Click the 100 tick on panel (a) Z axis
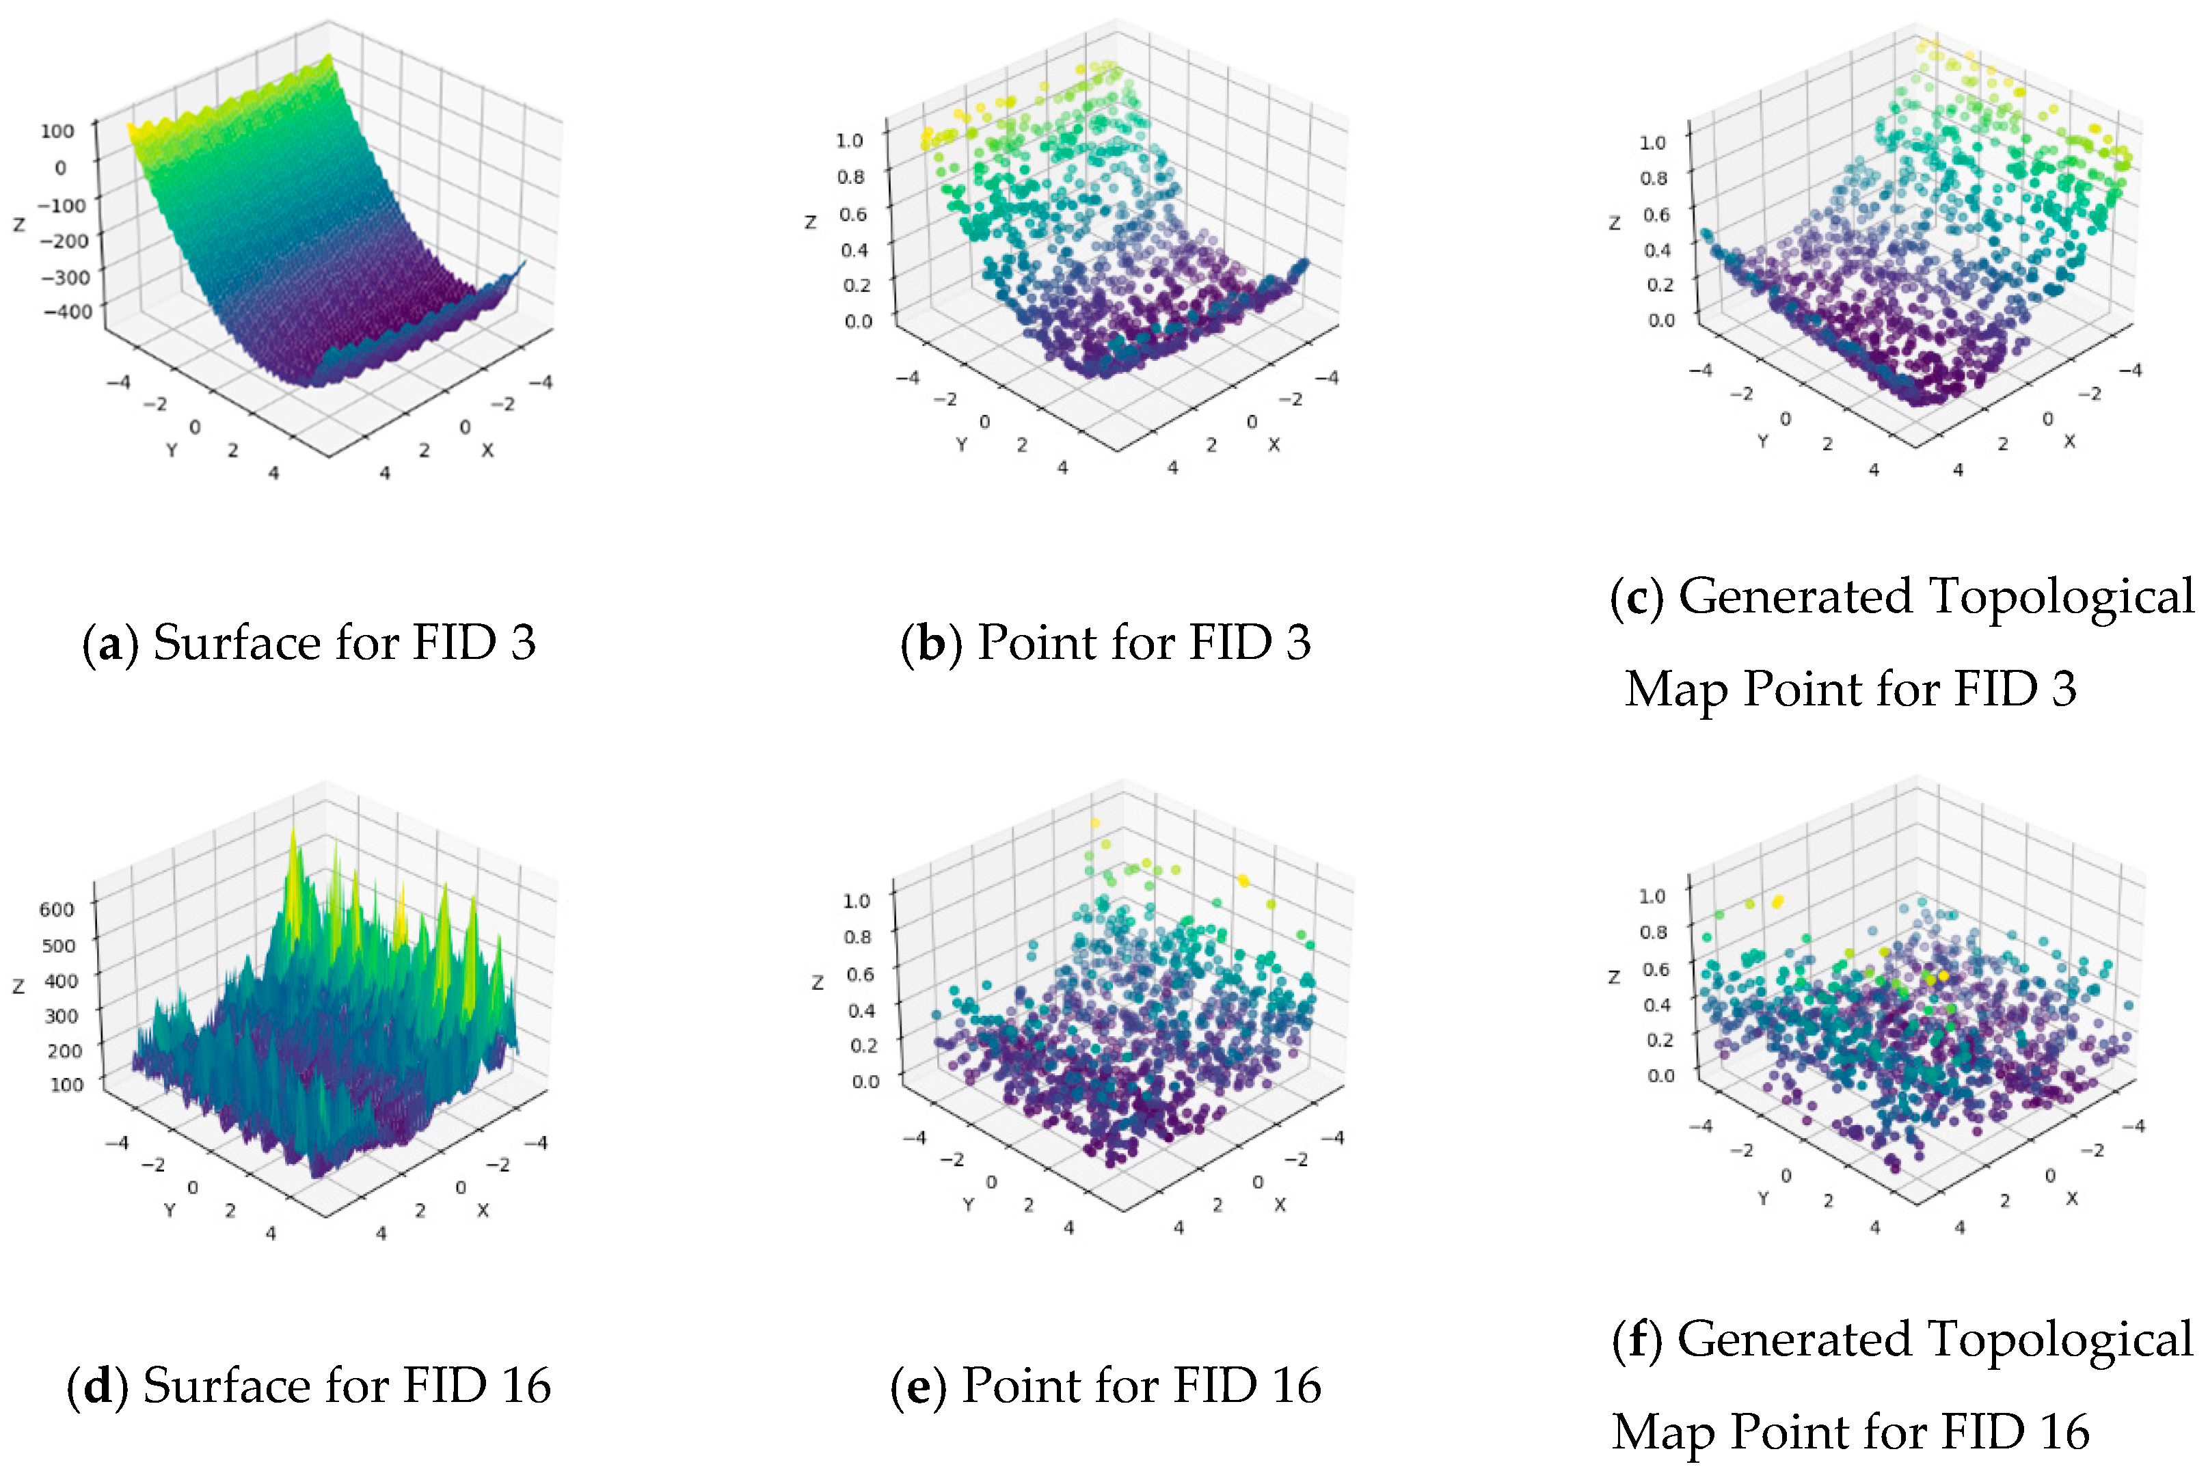[57, 131]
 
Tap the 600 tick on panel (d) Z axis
[57, 910]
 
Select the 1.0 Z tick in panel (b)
[850, 140]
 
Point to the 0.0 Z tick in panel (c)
[1661, 320]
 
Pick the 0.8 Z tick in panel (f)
[1654, 932]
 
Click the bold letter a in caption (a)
[111, 645]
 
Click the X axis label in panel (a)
[487, 450]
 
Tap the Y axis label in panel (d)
[170, 1211]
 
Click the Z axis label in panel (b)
[810, 222]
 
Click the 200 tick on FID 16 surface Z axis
[64, 1051]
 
